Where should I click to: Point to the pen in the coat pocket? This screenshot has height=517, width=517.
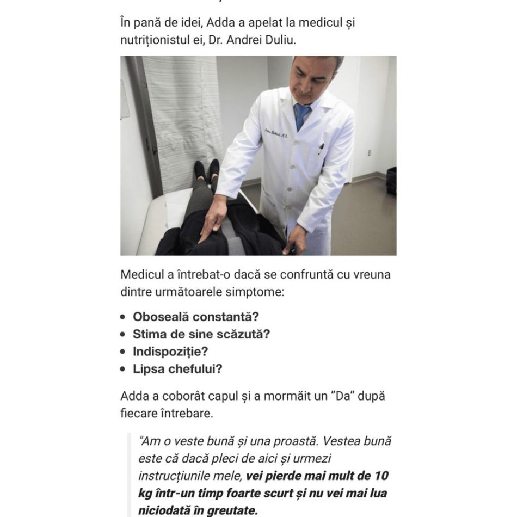click(x=322, y=147)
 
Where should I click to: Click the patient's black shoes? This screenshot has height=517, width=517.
click(x=207, y=170)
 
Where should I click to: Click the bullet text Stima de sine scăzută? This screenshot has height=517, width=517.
click(x=201, y=334)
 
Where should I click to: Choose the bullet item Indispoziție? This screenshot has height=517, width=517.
click(x=170, y=352)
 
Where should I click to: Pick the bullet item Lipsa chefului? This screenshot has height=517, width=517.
click(x=177, y=369)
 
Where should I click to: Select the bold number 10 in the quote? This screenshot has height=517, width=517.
click(x=381, y=476)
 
